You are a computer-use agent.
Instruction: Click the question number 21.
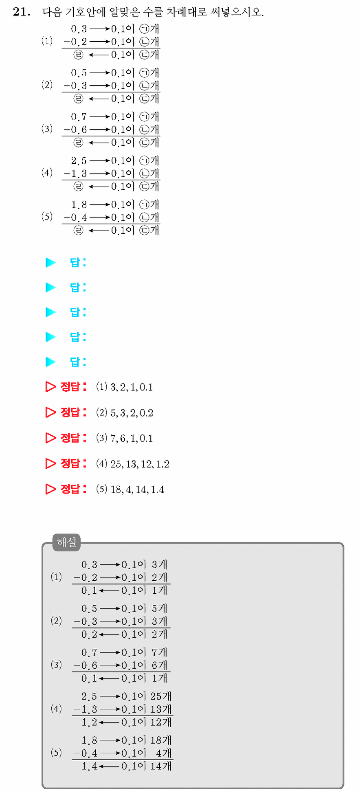tap(22, 12)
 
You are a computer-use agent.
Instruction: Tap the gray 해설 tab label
tap(67, 542)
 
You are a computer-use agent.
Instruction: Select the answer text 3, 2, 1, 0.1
tap(132, 387)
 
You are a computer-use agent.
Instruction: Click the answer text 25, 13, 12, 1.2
tap(140, 464)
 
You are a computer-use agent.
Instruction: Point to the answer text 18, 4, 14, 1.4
tap(137, 489)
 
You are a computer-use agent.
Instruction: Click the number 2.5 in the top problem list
tap(79, 161)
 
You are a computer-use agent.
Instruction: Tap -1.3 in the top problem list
tap(75, 174)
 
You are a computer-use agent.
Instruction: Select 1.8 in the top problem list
tap(79, 205)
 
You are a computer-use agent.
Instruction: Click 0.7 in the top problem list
tap(79, 117)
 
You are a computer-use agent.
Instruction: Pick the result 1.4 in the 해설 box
tap(89, 766)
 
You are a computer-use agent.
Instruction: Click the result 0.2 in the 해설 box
tap(89, 634)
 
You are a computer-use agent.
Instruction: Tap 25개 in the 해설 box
tap(161, 696)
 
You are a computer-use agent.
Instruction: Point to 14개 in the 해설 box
tap(161, 766)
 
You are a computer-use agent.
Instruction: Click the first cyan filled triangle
tap(50, 263)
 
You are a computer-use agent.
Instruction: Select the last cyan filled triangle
tap(50, 362)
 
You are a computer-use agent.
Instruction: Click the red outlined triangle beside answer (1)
tap(50, 387)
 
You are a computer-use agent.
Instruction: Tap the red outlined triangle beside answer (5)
tap(50, 489)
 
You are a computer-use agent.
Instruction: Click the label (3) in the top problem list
tap(47, 129)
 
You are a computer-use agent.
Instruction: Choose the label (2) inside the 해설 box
tap(56, 621)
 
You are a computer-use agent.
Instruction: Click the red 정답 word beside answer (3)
tap(70, 438)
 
